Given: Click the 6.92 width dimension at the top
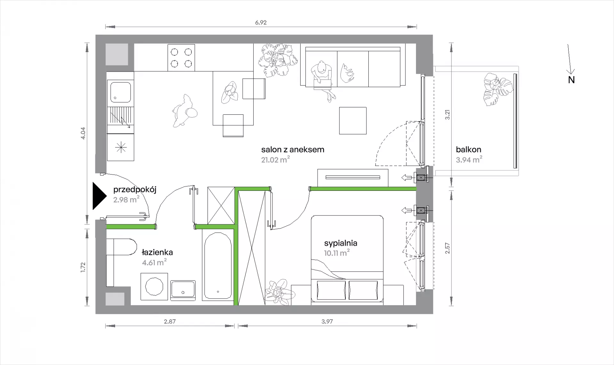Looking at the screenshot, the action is (x=261, y=22).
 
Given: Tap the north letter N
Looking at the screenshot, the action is (x=571, y=80).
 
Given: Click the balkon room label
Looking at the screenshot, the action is (x=468, y=149).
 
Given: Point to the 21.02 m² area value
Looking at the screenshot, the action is (x=275, y=159).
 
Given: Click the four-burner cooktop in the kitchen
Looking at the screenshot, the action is (x=181, y=58).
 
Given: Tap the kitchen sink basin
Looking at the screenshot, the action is (x=120, y=92).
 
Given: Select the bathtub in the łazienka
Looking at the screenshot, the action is (x=217, y=266).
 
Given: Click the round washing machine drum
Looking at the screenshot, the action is (x=154, y=286).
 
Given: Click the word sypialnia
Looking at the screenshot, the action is (x=341, y=243).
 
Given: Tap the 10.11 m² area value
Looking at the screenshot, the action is (x=337, y=253).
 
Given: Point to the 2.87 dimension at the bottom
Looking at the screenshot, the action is (x=170, y=322).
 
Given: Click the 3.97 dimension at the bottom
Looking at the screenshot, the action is (x=327, y=322).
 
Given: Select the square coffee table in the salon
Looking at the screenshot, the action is (x=353, y=120).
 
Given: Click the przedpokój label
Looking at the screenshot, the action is (x=135, y=190).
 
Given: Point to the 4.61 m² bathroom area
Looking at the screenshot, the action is (x=154, y=262).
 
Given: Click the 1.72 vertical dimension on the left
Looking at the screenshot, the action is (x=83, y=267).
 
